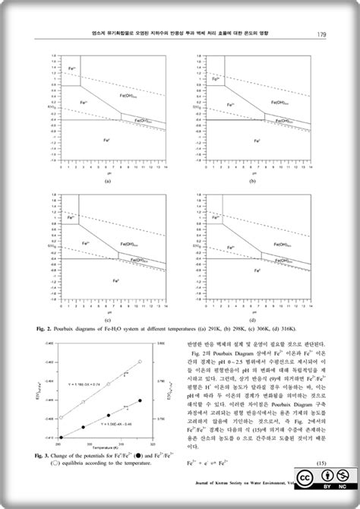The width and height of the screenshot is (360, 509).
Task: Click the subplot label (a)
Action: coord(108,182)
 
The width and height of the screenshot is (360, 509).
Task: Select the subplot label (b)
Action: coord(251,182)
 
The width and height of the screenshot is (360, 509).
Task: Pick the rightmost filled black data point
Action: coord(140,400)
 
